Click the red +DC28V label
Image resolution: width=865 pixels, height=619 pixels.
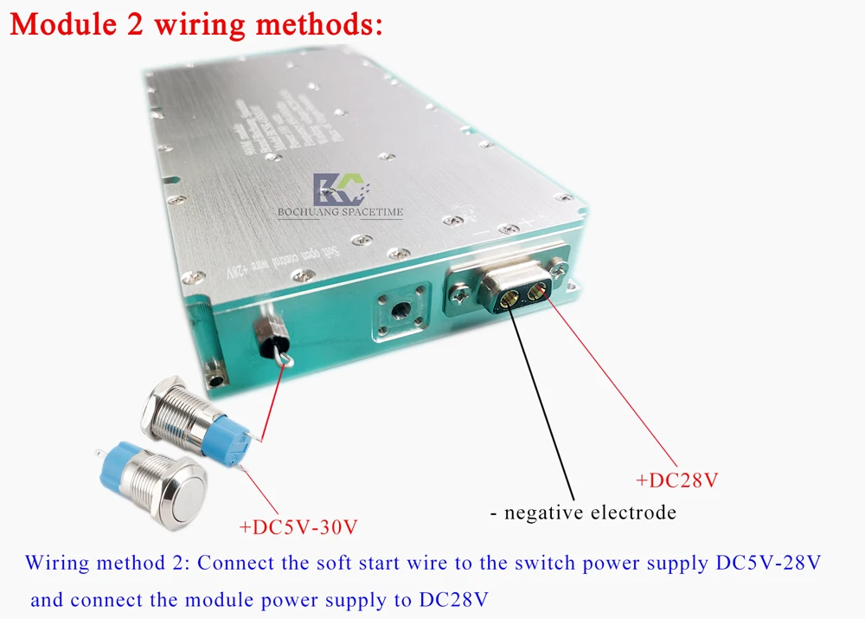[x=676, y=480]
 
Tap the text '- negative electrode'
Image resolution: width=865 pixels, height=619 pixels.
[x=582, y=513]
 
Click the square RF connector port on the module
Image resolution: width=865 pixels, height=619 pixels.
[x=400, y=308]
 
